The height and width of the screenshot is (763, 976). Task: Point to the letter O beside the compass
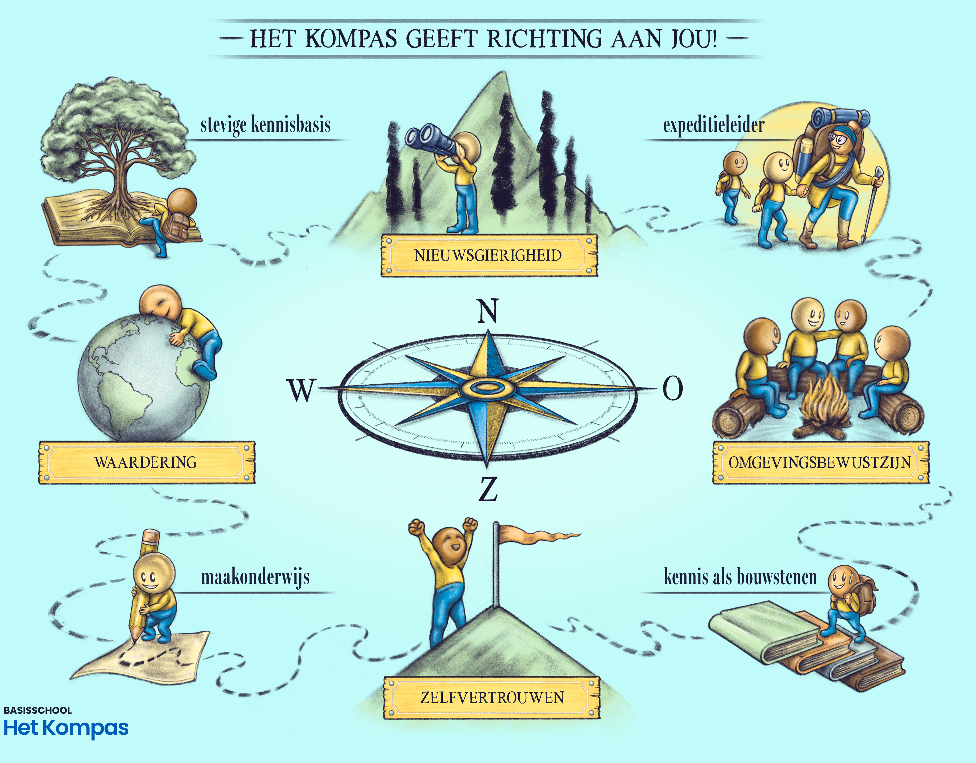[672, 388]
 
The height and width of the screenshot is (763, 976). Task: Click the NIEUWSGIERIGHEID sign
[489, 256]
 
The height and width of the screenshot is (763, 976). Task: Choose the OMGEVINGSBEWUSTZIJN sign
[820, 462]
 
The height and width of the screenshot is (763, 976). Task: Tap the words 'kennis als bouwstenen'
[740, 577]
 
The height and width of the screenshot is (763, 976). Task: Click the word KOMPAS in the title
[351, 38]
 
